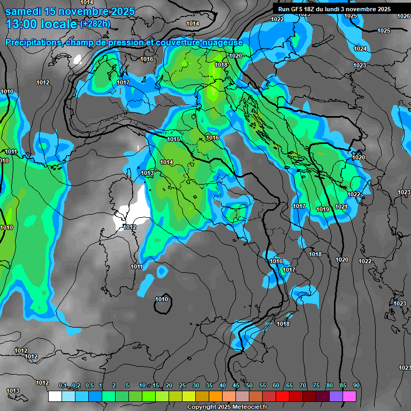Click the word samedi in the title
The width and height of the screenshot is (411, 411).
24,11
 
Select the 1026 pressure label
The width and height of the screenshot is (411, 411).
404,17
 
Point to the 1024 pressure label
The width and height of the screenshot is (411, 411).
361,49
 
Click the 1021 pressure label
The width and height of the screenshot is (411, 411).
341,207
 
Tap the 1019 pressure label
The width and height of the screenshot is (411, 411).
323,209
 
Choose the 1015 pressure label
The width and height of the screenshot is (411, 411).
173,139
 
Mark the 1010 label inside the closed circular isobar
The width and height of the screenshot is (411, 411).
162,299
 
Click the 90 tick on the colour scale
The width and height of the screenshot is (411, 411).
356,385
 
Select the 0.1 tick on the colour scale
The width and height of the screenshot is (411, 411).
63,385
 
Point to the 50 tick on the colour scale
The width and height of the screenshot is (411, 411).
249,385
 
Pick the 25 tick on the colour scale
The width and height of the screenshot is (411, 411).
182,385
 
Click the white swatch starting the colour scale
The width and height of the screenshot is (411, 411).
55,397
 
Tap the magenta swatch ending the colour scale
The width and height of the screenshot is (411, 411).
349,397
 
